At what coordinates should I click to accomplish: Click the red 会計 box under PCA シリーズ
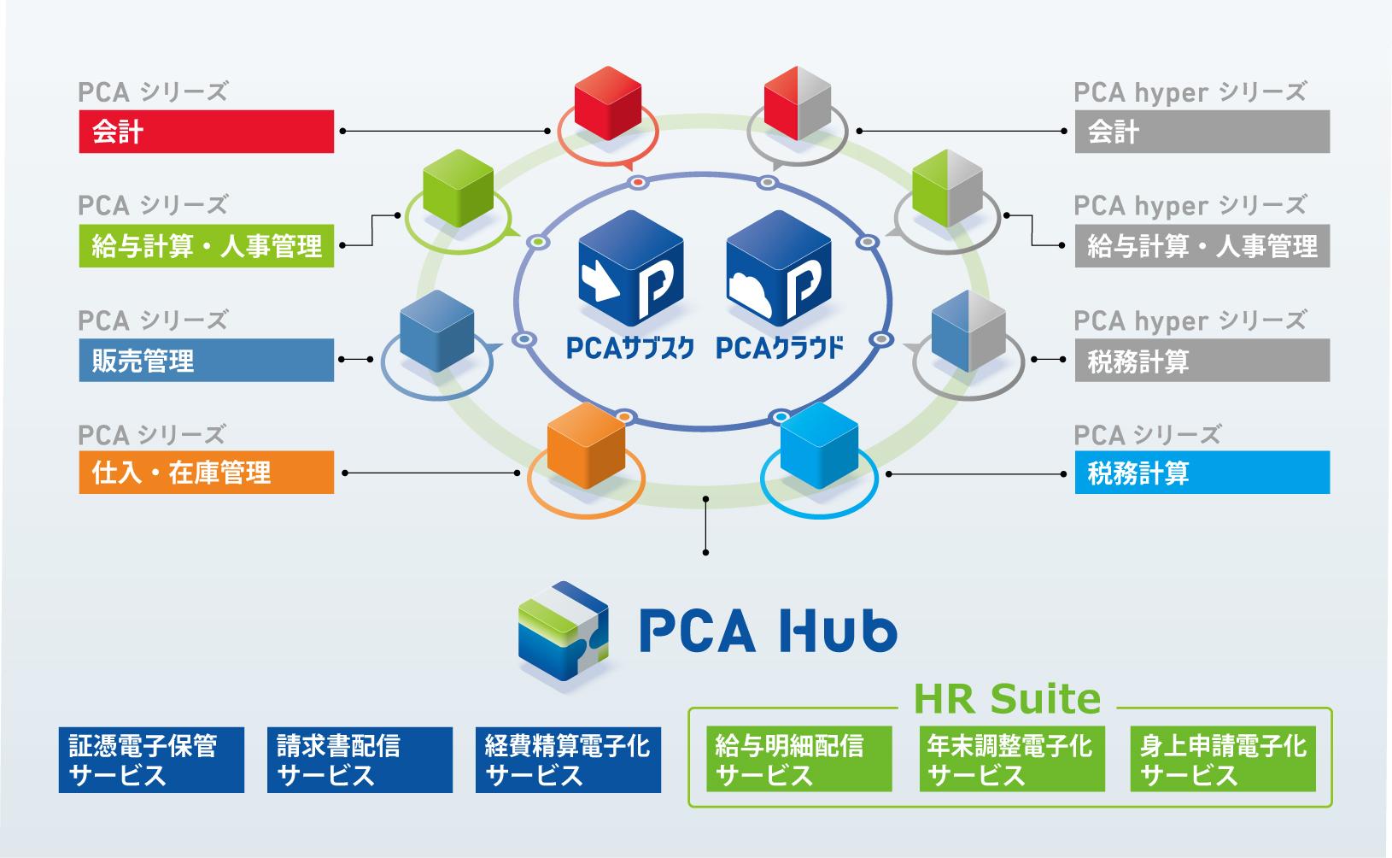[206, 132]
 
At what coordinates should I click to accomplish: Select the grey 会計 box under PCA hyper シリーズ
[1202, 132]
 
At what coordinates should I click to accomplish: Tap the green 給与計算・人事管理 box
[206, 246]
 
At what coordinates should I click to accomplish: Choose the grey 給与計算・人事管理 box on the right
[1202, 246]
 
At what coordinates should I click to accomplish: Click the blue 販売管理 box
[206, 360]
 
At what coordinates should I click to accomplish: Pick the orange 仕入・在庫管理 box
[206, 472]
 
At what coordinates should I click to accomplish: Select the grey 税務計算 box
[1202, 360]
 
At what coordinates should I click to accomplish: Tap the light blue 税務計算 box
[1202, 472]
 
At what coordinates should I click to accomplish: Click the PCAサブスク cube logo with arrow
[631, 268]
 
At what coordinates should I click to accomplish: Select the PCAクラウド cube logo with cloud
[779, 268]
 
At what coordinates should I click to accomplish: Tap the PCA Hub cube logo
[564, 631]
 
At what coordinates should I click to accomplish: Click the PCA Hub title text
[768, 632]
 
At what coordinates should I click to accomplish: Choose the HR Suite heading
[1008, 699]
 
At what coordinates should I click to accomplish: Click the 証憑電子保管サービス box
[151, 760]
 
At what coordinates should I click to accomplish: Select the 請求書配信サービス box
[360, 760]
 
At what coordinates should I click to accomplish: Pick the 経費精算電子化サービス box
[568, 760]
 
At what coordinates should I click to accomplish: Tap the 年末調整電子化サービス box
[1012, 760]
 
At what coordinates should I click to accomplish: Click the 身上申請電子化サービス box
[1223, 760]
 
